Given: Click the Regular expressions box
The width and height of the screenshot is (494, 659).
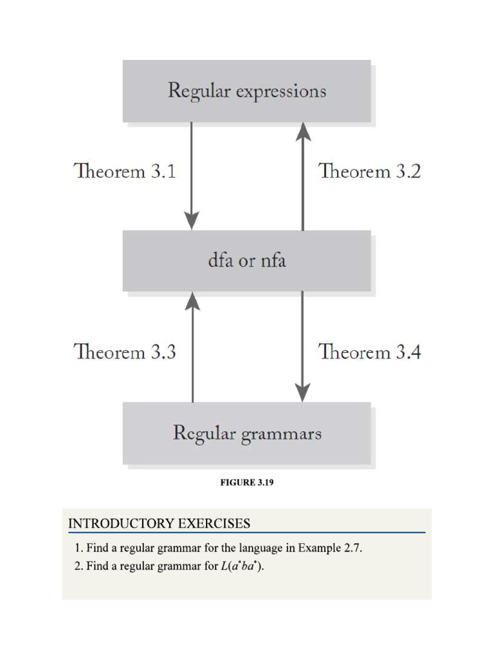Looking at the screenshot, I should pyautogui.click(x=246, y=91).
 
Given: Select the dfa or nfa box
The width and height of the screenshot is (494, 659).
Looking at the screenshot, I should pyautogui.click(x=246, y=261).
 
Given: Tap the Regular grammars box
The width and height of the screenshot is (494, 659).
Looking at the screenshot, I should pyautogui.click(x=246, y=433).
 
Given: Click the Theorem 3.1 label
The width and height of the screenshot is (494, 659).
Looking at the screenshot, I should pyautogui.click(x=125, y=172).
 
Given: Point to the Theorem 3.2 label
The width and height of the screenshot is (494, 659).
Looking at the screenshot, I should pyautogui.click(x=370, y=172).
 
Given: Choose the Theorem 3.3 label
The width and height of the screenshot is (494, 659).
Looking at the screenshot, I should pyautogui.click(x=125, y=352).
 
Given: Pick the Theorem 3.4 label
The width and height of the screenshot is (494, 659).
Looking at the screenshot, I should pyautogui.click(x=370, y=352).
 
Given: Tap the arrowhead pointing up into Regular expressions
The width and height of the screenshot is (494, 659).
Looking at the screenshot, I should pyautogui.click(x=302, y=131).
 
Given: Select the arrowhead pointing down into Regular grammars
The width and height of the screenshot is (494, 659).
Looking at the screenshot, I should pyautogui.click(x=302, y=392).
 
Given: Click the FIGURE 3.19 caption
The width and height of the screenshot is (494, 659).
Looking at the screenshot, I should pyautogui.click(x=247, y=483).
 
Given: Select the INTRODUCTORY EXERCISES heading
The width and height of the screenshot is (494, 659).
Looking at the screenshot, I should pyautogui.click(x=159, y=524).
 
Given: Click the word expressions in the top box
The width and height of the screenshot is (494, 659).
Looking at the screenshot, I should pyautogui.click(x=281, y=91).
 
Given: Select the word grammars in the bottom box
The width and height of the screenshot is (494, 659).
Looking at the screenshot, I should pyautogui.click(x=281, y=434).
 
